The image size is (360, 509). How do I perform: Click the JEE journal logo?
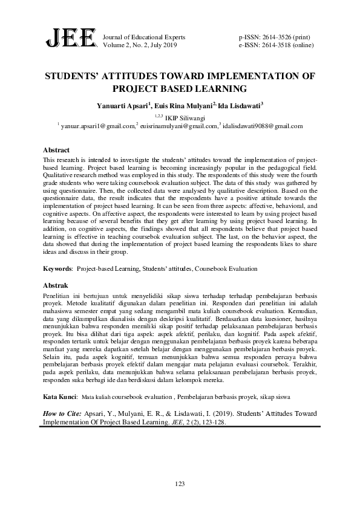71,41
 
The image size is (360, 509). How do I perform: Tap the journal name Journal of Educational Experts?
145,37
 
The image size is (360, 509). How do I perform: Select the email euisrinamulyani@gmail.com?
179,126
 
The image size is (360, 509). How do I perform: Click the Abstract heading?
56,149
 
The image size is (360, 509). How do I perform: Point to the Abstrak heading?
56,285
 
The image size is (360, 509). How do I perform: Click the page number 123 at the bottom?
180,482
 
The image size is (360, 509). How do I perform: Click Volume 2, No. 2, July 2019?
140,45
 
